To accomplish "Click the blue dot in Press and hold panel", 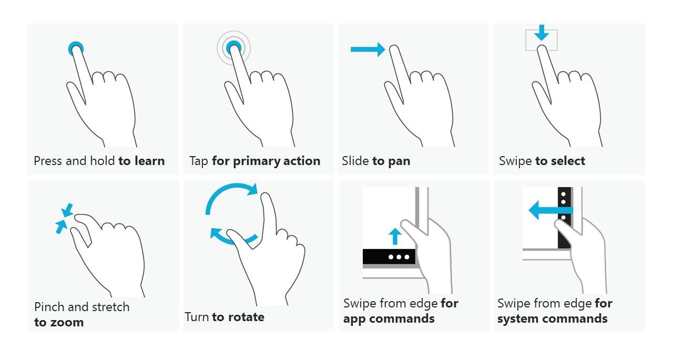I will click(76, 49).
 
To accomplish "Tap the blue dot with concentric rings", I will click(233, 48).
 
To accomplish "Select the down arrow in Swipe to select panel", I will click(541, 33).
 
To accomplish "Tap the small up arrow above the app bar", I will click(395, 236).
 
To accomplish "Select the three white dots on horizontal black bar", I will click(399, 257).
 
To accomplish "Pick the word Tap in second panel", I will click(199, 161).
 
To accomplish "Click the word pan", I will click(399, 161).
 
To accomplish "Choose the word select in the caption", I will click(567, 161).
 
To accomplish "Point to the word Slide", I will click(355, 161).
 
